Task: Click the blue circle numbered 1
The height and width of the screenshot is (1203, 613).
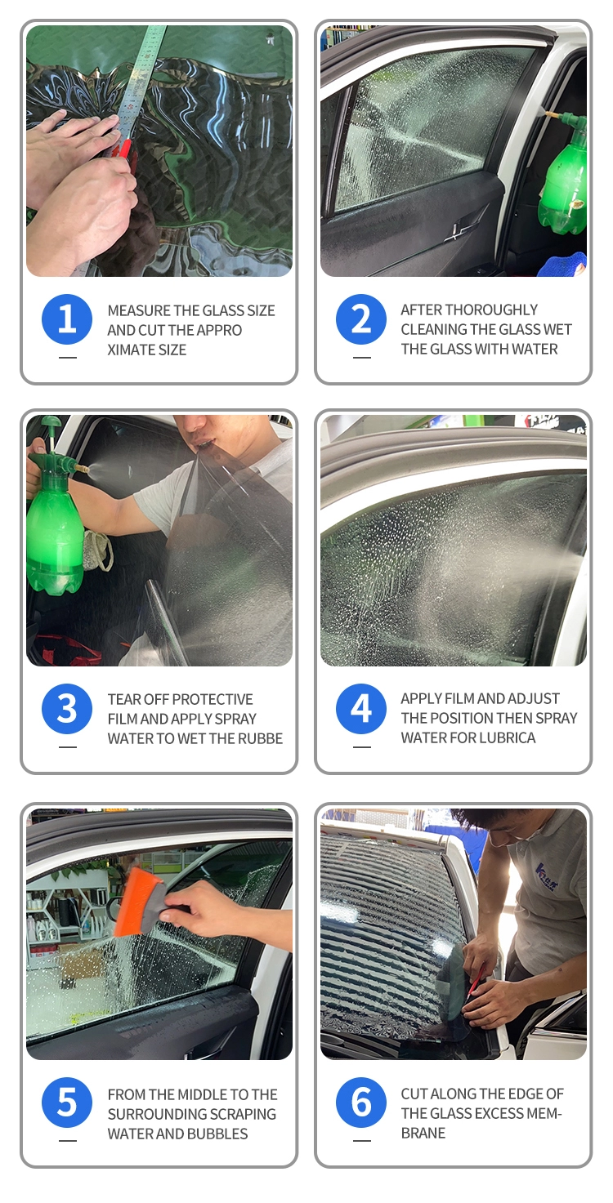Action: [67, 319]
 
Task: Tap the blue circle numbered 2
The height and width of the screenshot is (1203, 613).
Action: [361, 319]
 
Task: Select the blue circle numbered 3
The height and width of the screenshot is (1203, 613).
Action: [67, 708]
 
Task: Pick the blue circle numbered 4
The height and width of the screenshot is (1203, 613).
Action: [361, 708]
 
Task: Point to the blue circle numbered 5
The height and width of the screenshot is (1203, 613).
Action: [67, 1102]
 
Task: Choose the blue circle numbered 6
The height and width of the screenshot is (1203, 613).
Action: [361, 1102]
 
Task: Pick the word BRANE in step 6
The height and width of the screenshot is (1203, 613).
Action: [423, 1134]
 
